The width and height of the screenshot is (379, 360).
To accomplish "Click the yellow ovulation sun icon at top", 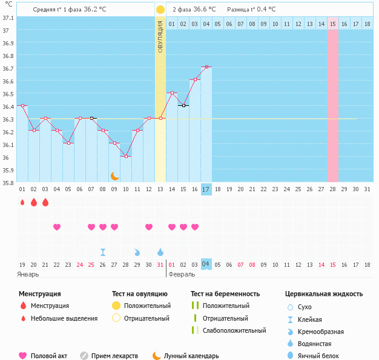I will pos(160,10).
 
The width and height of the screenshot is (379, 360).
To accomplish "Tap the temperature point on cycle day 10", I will pos(125,156).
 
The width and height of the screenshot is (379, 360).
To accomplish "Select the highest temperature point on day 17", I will pos(206,67).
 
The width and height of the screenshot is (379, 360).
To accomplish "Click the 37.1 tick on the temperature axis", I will pos(8,18).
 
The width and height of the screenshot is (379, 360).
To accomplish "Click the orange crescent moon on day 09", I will pos(114,175).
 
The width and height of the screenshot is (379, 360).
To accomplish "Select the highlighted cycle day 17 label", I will pos(206,189).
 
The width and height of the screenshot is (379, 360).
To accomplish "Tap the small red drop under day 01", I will pos(22,203).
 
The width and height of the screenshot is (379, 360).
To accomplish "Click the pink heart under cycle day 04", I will pos(57,227).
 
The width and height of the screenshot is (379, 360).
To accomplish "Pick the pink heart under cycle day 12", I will pos(149,227).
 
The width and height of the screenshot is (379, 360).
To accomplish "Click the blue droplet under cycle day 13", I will pos(160,252).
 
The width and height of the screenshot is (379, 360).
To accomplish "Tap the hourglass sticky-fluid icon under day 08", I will pos(103,252).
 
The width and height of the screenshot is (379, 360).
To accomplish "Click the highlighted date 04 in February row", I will pos(206,264).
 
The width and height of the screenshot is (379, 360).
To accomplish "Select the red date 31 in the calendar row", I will pos(160,264).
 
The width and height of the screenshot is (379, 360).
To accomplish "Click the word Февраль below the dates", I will pos(182,274).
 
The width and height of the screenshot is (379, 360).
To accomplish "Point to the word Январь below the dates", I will pos(28,274).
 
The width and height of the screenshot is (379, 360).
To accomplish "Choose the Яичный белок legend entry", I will pos(314,356).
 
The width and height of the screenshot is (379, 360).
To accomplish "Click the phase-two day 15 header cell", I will pos(332,24).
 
